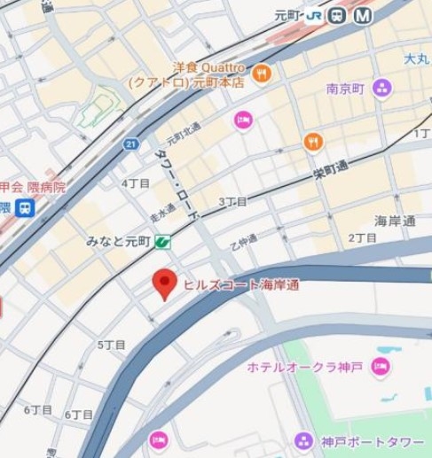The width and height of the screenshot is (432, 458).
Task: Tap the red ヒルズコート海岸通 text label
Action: pyautogui.click(x=240, y=284)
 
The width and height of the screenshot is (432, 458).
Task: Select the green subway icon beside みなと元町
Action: pyautogui.click(x=163, y=241)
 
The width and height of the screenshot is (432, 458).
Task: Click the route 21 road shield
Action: pyautogui.click(x=131, y=144)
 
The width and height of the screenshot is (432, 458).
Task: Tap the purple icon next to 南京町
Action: pyautogui.click(x=381, y=88)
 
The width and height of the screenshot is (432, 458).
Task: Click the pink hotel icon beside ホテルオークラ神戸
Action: pyautogui.click(x=381, y=367)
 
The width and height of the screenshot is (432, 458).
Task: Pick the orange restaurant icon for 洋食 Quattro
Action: pyautogui.click(x=261, y=74)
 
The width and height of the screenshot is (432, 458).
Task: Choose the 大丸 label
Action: pyautogui.click(x=415, y=58)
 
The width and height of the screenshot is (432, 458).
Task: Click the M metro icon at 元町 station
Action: pyautogui.click(x=363, y=15)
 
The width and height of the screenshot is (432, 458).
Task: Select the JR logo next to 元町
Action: pyautogui.click(x=316, y=15)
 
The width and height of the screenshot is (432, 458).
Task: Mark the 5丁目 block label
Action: pyautogui.click(x=112, y=344)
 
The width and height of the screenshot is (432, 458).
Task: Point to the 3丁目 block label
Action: pyautogui.click(x=232, y=202)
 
